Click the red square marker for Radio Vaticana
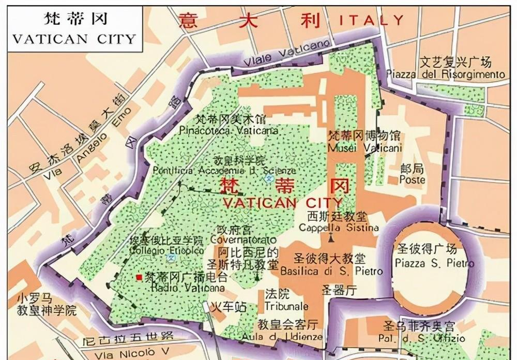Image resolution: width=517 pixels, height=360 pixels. coord(139,277)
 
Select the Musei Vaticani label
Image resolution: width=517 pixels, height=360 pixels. coord(364,148)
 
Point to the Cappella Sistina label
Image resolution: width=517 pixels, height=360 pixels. coord(339,228)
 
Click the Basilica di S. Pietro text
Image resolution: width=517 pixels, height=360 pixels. coord(331,271)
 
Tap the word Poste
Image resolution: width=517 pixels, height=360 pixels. coord(412,179)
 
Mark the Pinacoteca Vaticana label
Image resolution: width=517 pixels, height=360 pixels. coord(229,131)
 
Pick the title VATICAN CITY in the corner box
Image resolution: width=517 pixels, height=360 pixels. coord(73,39)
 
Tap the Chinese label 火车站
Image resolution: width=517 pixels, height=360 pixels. coord(230,307)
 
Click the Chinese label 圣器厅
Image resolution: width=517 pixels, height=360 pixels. coord(339,291)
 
